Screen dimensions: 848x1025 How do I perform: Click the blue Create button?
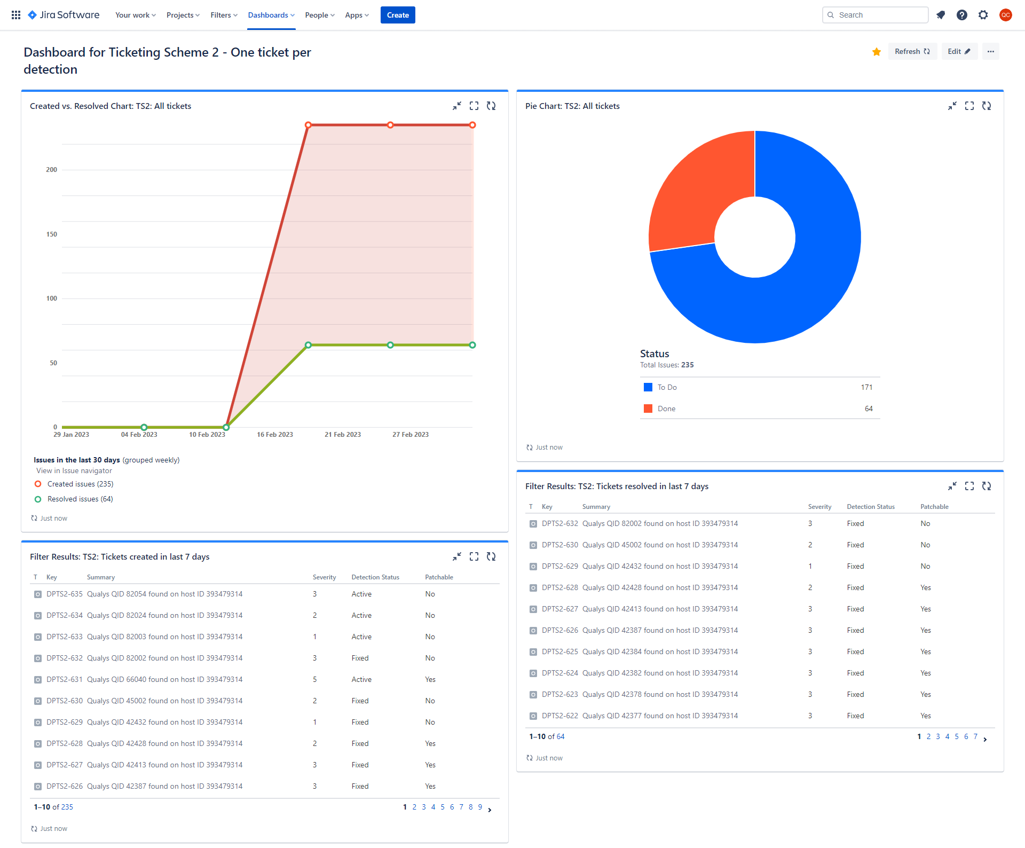point(398,15)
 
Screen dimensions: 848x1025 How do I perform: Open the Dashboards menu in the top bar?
point(271,15)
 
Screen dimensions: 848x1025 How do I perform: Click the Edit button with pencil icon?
point(959,51)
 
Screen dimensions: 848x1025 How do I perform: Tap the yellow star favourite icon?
point(877,52)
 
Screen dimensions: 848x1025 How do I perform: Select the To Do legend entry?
point(667,387)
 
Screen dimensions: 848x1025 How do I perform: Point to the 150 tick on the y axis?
point(52,234)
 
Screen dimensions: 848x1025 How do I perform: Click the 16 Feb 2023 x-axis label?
point(275,435)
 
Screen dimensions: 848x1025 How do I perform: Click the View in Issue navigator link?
point(74,470)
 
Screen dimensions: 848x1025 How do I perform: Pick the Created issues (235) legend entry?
point(80,484)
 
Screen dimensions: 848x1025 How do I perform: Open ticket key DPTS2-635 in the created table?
point(65,594)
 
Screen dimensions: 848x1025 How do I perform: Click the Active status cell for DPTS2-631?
point(361,679)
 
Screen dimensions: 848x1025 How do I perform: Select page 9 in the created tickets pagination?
point(480,807)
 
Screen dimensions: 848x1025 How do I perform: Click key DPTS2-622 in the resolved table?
point(560,716)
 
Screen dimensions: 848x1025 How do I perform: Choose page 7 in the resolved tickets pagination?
point(975,736)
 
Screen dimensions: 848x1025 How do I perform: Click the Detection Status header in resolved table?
point(871,507)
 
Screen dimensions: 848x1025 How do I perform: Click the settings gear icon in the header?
point(983,15)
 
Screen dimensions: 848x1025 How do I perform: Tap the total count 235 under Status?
point(688,365)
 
